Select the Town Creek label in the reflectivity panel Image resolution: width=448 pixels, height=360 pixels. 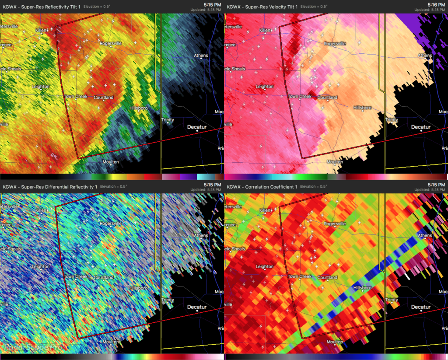coord(76,97)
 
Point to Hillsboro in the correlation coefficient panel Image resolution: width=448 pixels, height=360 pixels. coord(363,288)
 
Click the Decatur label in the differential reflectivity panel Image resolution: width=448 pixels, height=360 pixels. coord(197,307)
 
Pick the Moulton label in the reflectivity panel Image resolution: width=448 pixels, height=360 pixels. coord(110,162)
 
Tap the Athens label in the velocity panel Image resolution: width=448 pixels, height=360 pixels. coord(425,56)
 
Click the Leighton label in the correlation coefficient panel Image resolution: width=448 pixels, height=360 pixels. coord(264,267)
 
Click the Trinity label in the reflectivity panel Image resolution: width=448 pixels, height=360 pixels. coord(168,120)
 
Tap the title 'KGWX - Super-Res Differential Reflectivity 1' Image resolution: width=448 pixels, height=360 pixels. coord(50,187)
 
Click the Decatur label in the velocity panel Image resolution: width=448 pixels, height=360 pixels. coord(421,127)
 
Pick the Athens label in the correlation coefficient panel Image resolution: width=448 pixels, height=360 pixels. coord(425,236)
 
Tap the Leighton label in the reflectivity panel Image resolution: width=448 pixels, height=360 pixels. coord(41,87)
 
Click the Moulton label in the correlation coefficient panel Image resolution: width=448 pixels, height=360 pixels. coord(335,342)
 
